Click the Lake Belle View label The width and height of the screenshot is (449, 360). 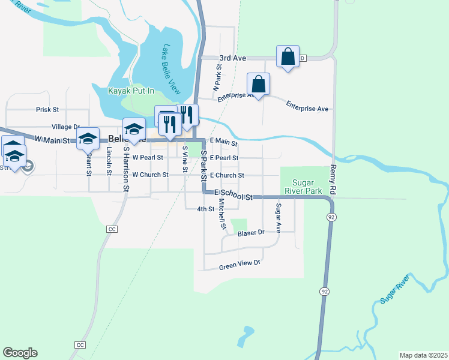tap(172, 69)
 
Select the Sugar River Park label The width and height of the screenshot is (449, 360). tap(307, 187)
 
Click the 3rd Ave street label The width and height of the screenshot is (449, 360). tap(233, 58)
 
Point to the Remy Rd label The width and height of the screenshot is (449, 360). tap(333, 179)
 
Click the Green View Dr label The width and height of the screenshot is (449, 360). tap(240, 264)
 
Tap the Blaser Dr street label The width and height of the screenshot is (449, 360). tap(251, 232)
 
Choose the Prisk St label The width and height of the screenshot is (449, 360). tap(47, 110)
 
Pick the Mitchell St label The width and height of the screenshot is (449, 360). tap(221, 215)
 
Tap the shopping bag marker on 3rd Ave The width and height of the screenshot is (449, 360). tap(288, 57)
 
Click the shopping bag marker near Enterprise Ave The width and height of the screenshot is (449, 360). tap(258, 84)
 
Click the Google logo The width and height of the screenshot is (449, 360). tap(20, 353)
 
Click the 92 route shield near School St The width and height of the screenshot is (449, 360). tap(330, 216)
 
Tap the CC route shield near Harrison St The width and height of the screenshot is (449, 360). tap(111, 229)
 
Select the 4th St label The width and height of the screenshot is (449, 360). tap(205, 209)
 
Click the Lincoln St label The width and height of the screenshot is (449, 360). tap(109, 161)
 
